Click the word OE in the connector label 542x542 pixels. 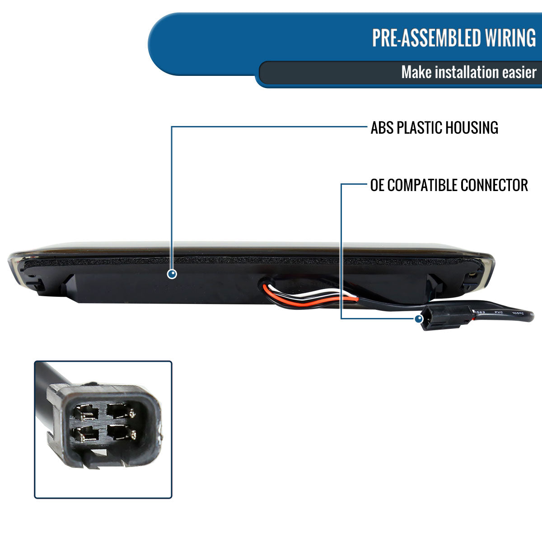(378, 185)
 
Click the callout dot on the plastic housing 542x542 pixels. (172, 274)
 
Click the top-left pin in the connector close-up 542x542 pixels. (86, 412)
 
